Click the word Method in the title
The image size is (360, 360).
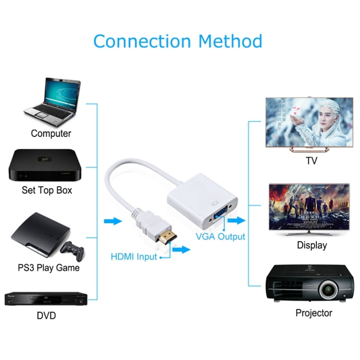point(230,41)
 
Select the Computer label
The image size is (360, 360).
point(51,133)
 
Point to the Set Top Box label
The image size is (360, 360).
point(47,190)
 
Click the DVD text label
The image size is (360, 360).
point(46,315)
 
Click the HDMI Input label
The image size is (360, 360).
point(134,257)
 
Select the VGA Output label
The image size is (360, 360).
point(220,237)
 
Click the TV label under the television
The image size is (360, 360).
point(312,161)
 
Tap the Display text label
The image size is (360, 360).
point(312,245)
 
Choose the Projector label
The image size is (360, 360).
point(313,313)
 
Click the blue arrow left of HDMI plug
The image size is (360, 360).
point(112,221)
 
